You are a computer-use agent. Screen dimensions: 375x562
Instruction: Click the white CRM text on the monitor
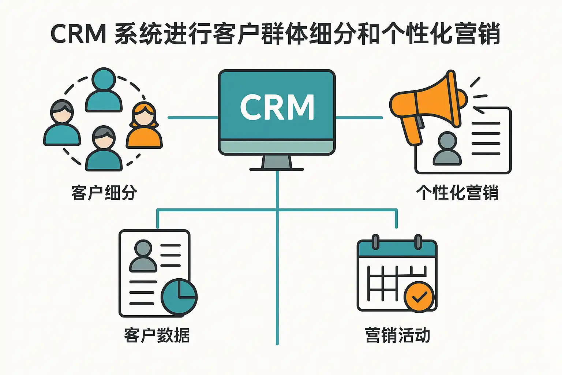(277, 107)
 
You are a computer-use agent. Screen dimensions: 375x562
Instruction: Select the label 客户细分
(104, 193)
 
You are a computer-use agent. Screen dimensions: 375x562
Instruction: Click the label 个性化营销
(457, 193)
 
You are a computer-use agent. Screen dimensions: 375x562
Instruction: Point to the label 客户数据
(157, 335)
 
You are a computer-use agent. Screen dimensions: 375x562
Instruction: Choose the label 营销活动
(397, 335)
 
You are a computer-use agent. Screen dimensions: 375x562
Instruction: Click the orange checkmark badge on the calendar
(419, 297)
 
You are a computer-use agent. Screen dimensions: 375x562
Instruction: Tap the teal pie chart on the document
(179, 297)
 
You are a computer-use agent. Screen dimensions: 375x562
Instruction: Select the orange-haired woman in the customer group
(144, 126)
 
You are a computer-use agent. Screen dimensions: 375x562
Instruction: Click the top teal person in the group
(104, 91)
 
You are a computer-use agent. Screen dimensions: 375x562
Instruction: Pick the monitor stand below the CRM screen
(277, 163)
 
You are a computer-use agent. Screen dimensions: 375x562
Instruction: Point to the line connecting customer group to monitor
(193, 118)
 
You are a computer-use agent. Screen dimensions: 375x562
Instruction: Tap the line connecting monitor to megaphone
(359, 118)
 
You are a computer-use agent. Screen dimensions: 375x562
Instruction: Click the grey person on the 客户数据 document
(143, 256)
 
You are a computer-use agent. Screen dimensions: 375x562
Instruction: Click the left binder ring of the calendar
(375, 242)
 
